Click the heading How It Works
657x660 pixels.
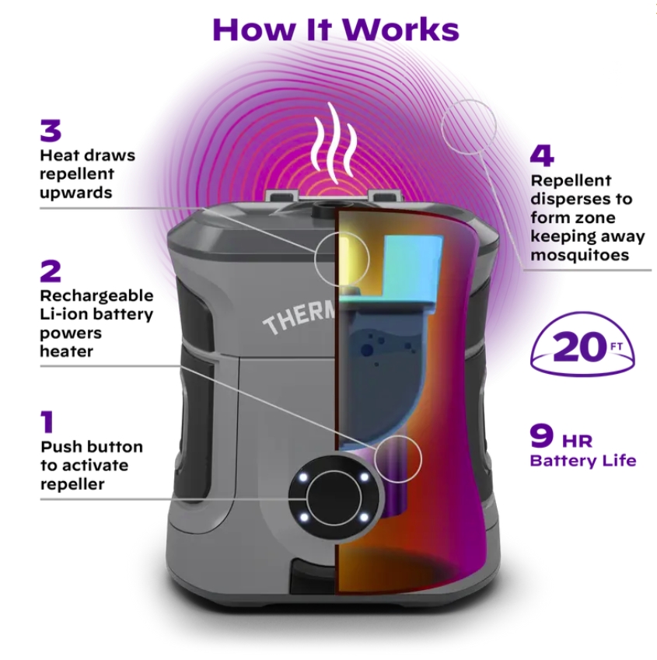(336, 30)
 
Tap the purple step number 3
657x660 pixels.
(51, 130)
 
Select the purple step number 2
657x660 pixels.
(51, 271)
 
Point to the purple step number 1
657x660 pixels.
(47, 422)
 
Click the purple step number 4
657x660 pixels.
(542, 155)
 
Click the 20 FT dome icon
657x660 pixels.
(582, 344)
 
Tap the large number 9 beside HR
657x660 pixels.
(542, 435)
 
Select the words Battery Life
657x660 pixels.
(583, 460)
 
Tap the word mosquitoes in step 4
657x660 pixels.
(579, 255)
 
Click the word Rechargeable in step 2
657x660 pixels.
(97, 296)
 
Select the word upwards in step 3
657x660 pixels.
(76, 193)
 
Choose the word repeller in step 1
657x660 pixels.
(72, 484)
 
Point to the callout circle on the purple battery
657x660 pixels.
(398, 459)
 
